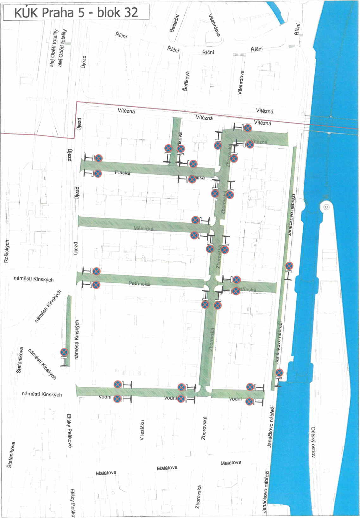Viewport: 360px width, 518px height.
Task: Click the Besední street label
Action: (174, 23)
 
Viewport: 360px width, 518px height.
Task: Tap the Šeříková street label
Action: (186, 81)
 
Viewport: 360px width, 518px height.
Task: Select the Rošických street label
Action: (7, 251)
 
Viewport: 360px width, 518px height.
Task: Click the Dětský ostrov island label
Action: (313, 442)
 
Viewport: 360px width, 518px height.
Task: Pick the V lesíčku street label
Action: (142, 430)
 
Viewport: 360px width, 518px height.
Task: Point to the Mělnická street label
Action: (143, 228)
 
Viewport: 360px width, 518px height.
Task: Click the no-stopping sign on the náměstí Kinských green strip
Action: (64, 352)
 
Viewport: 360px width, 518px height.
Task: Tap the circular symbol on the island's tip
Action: (326, 207)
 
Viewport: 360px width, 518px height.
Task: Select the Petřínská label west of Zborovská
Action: (139, 284)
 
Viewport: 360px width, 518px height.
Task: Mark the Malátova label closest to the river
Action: (231, 463)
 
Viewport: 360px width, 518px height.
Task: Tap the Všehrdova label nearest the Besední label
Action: (214, 25)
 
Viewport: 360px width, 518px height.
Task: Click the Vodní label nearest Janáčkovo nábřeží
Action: (235, 399)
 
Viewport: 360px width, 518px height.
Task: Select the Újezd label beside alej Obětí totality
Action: (84, 62)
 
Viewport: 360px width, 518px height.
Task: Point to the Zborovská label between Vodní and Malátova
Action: (204, 428)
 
